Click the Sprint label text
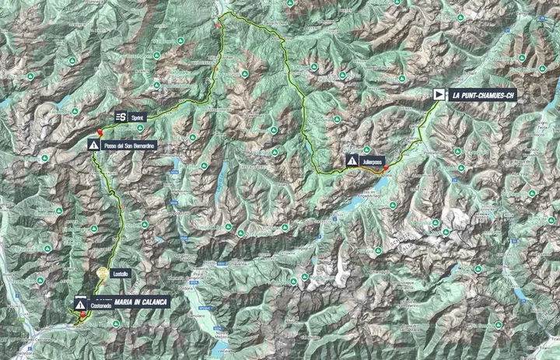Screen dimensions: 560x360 (x=138, y=116)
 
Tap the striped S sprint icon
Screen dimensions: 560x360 (x=121, y=116)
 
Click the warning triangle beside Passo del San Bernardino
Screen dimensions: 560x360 (x=94, y=145)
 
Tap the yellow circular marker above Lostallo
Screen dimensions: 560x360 (x=103, y=273)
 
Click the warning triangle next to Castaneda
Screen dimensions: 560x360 (x=81, y=305)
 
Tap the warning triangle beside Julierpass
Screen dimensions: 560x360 (x=352, y=161)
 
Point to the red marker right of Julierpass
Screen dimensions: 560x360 (x=387, y=168)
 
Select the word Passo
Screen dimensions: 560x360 (x=112, y=145)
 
